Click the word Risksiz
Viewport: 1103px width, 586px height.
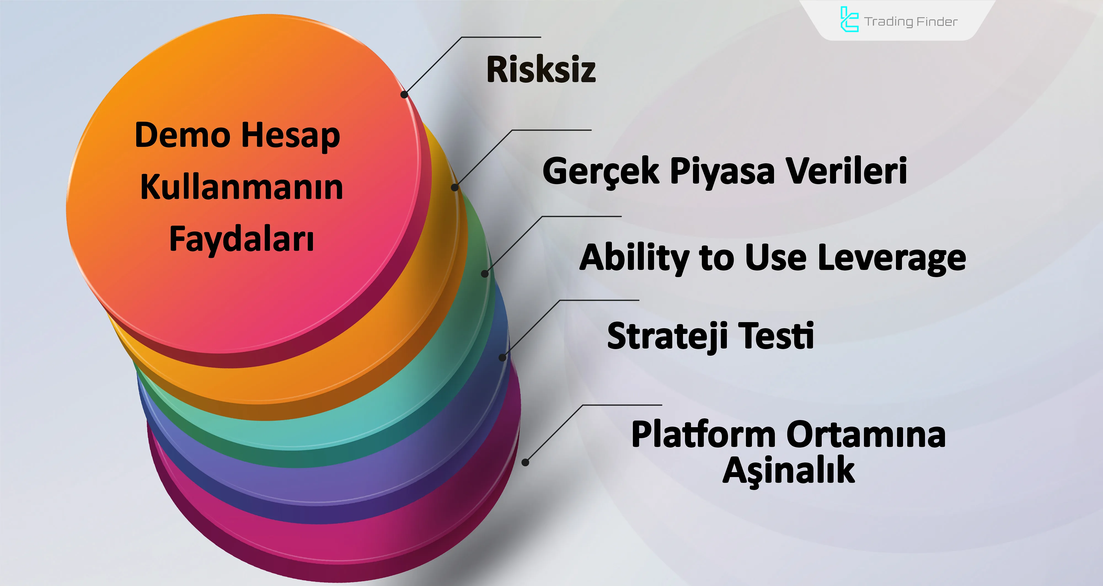coord(541,69)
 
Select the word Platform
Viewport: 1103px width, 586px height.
coord(703,435)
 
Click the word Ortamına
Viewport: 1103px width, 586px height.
coord(866,435)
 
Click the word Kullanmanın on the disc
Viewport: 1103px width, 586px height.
coord(242,187)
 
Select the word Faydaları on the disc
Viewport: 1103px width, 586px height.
coord(242,239)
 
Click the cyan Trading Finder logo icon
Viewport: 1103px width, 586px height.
coord(849,20)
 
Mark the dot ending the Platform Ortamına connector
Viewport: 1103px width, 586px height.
coord(525,462)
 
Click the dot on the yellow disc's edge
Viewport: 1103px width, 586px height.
coord(455,187)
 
